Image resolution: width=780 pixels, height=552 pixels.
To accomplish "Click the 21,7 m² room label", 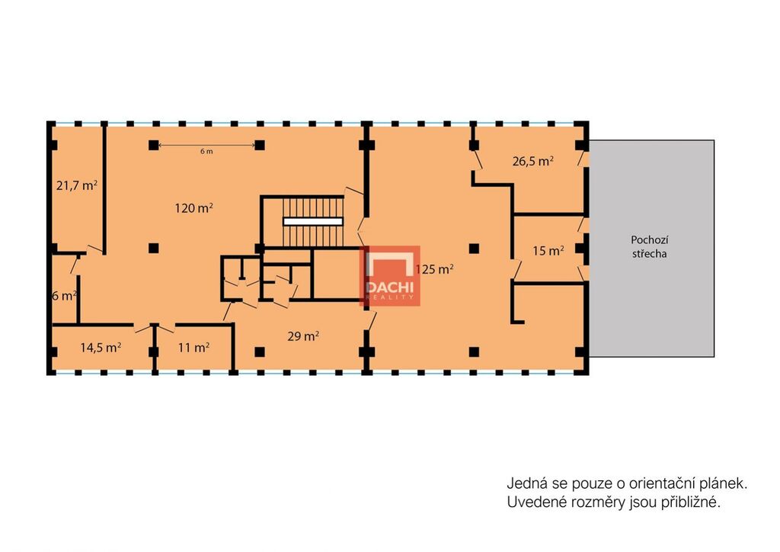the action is (x=77, y=186).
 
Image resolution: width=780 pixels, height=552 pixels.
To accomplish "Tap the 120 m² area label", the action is (x=194, y=207).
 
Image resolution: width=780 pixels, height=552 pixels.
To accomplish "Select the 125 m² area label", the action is (x=434, y=269).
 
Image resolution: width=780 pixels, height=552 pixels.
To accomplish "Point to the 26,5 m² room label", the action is (x=533, y=162).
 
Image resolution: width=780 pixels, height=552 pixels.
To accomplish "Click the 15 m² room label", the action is (x=548, y=250).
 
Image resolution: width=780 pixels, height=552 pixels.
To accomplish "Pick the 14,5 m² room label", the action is (x=101, y=347).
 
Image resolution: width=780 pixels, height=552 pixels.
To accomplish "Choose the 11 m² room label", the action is (x=193, y=347).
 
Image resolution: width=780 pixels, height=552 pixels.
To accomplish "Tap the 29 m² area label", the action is (x=303, y=336).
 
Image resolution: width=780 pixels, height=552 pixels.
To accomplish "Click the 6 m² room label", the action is (x=65, y=296).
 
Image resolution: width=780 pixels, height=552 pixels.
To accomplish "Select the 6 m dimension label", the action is (x=206, y=151).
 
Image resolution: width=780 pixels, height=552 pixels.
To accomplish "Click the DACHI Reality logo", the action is (x=390, y=276).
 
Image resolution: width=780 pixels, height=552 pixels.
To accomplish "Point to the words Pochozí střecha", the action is (x=649, y=246).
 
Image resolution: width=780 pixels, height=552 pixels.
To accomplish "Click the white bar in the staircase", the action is (x=313, y=222).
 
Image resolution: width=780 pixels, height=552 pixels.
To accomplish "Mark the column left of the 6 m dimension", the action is (x=154, y=146).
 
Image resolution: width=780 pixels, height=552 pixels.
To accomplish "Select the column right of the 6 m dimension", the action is (x=260, y=146).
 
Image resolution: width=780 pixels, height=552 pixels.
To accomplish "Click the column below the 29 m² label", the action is (x=260, y=352).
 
